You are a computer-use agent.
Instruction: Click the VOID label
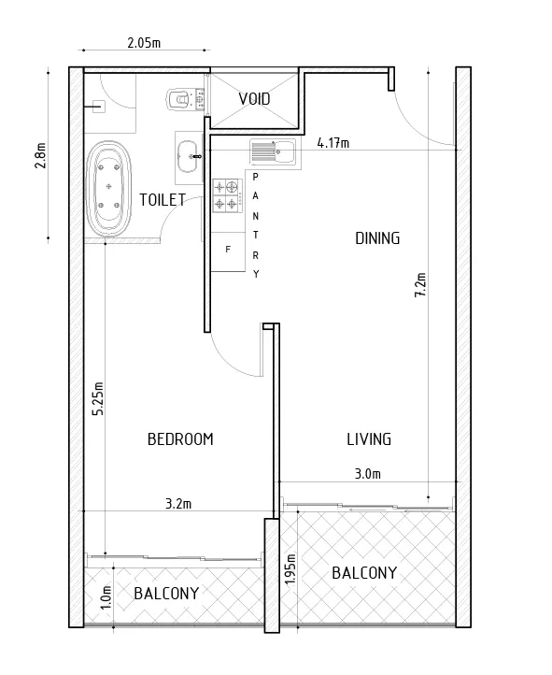pos(255,99)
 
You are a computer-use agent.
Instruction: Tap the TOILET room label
pos(163,199)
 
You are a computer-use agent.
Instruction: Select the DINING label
pos(377,238)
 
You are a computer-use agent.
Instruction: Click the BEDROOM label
pos(181,439)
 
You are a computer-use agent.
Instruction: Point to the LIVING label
pos(369,439)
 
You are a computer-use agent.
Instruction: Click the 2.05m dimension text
pos(143,43)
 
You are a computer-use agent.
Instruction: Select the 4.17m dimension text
pos(333,143)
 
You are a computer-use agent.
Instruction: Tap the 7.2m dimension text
pos(420,285)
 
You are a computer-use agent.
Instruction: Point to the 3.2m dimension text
pos(177,504)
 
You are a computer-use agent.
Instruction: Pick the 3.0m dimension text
pos(369,474)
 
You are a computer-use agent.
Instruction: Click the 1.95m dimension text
pos(291,568)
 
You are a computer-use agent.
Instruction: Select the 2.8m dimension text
pos(39,154)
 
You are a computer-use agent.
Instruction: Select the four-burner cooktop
pos(227,194)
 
